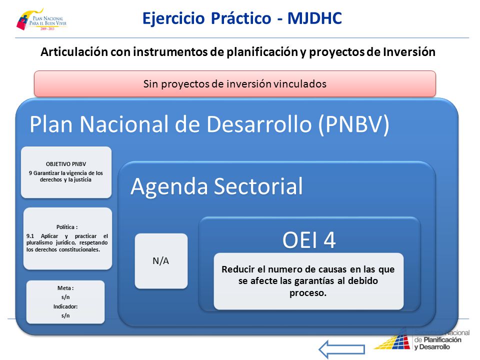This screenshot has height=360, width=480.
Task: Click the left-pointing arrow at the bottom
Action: pos(341,349)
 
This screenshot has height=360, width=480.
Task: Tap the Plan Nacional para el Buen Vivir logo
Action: pos(41,19)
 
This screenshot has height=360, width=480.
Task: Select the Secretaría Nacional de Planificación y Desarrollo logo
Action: pos(421,339)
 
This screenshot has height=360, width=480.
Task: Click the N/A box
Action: pos(161,261)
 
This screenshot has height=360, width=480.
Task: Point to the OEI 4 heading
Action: pos(309,240)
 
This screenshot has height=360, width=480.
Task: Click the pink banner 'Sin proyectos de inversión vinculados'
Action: pos(235,84)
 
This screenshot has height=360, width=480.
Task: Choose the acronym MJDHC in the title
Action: pos(314,18)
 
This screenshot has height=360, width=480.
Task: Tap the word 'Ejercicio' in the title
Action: pos(173,18)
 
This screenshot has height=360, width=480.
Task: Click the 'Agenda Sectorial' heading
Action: pos(216,186)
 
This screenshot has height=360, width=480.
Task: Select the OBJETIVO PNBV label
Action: pos(66,164)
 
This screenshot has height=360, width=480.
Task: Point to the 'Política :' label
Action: pos(66,227)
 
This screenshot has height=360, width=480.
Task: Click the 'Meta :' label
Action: pos(65,288)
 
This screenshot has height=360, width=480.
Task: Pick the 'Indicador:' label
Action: pos(65,306)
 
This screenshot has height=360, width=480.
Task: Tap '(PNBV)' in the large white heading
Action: pos(354,124)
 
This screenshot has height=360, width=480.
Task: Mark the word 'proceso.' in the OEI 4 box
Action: pos(308,293)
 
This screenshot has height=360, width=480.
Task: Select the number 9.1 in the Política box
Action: pos(30,236)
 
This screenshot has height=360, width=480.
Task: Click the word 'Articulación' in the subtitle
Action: pos(74,52)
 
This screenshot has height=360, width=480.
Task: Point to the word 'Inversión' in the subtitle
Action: pos(409,52)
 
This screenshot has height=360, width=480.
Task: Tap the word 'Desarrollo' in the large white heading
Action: pos(259,124)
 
